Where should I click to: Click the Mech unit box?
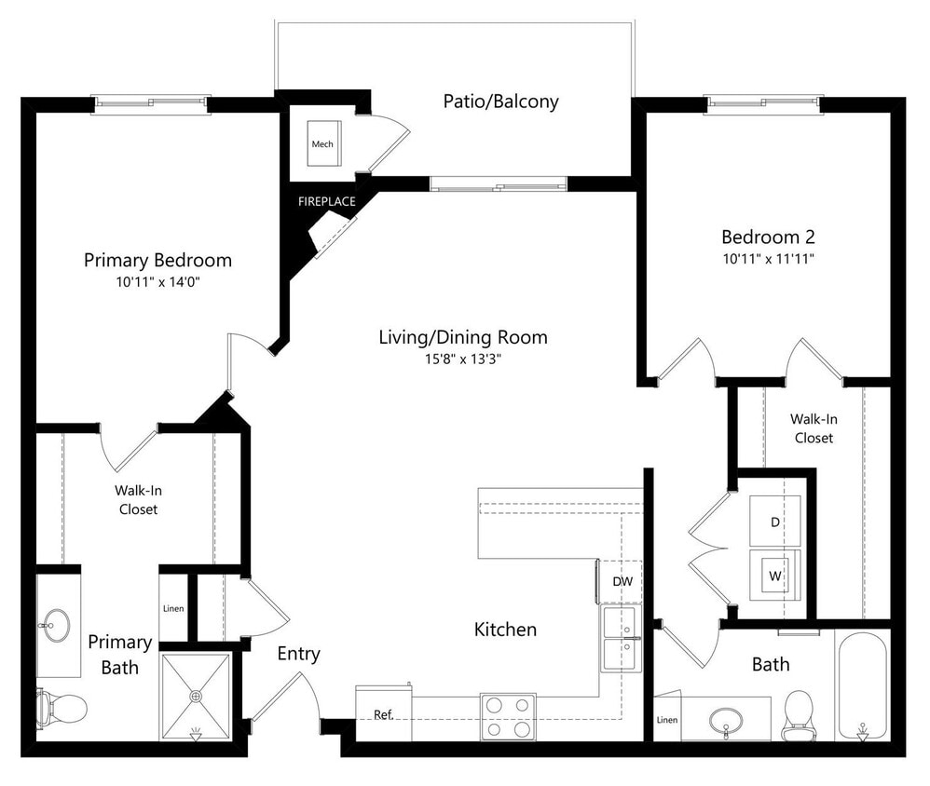click(x=322, y=144)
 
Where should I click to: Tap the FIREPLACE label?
click(x=326, y=201)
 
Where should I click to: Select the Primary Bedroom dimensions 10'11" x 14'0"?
click(x=157, y=281)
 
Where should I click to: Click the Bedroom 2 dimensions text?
click(x=769, y=258)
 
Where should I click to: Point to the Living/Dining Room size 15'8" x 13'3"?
click(x=462, y=359)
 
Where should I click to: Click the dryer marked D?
click(x=774, y=522)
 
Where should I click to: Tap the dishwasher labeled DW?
click(x=622, y=581)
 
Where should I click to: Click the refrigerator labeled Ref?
click(x=383, y=714)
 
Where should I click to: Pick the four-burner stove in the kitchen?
click(x=508, y=717)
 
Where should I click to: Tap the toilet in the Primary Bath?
click(x=61, y=709)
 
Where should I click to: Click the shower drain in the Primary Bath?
click(x=196, y=696)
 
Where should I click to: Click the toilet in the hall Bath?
click(x=799, y=712)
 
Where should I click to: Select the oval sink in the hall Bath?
click(x=726, y=720)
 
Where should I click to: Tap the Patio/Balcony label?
click(x=500, y=102)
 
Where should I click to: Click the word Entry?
click(x=298, y=654)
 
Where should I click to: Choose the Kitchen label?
click(x=505, y=630)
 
